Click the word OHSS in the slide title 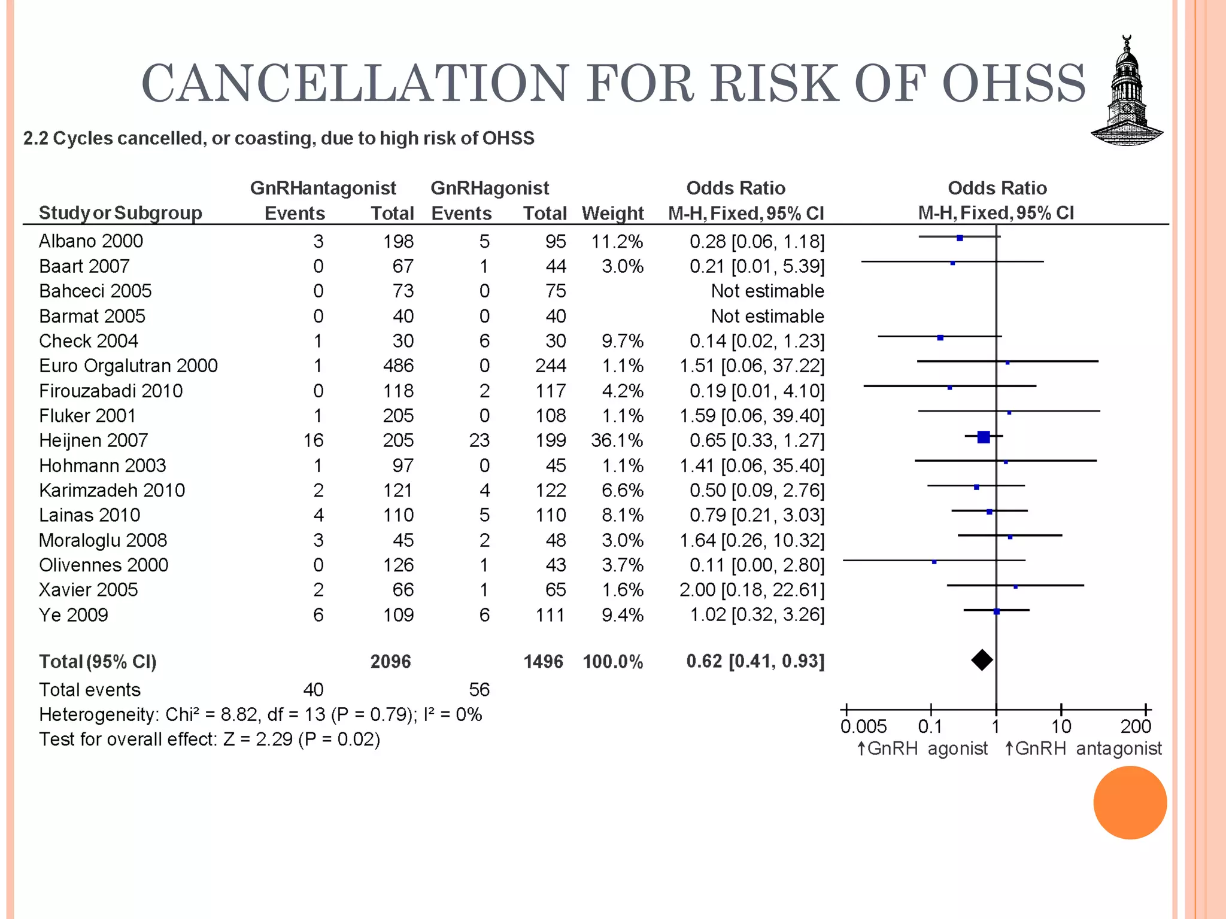click(x=1013, y=83)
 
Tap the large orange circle click(x=1130, y=802)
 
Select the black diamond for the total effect click(x=982, y=660)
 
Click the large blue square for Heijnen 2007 click(x=983, y=437)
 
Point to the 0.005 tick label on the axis click(x=863, y=726)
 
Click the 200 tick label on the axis click(x=1136, y=726)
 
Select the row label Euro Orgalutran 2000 click(x=128, y=366)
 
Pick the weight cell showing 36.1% click(x=617, y=440)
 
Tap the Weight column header click(x=612, y=213)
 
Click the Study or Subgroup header click(x=120, y=213)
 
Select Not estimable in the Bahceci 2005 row click(x=767, y=291)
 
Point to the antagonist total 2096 click(x=390, y=661)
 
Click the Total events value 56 click(x=479, y=689)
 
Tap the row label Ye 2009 click(x=74, y=614)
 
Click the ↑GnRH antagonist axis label click(x=1082, y=748)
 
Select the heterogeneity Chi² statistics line click(x=260, y=714)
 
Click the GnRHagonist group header click(x=489, y=188)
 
